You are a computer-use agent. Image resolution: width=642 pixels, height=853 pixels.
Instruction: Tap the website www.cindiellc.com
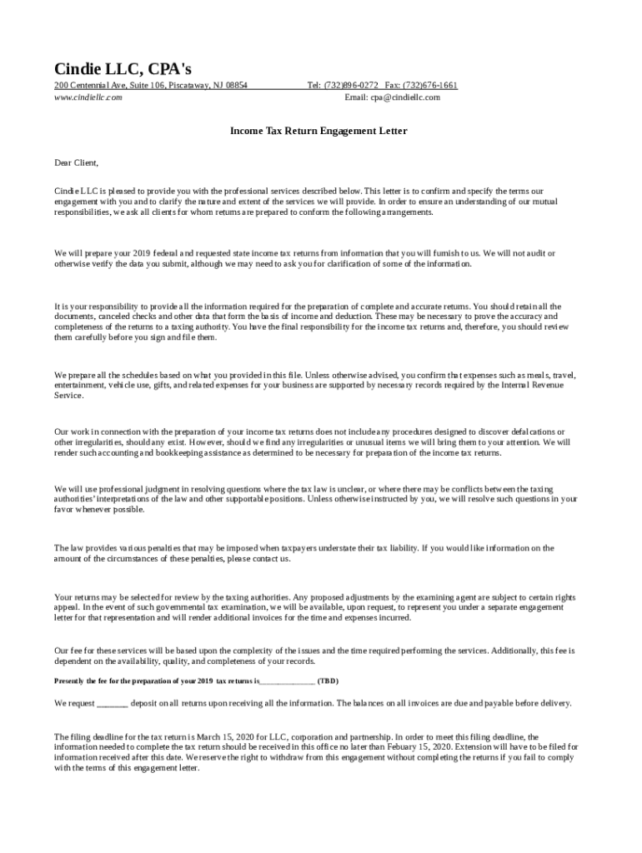coord(88,97)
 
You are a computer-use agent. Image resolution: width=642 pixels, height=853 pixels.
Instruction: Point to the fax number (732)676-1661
coord(431,86)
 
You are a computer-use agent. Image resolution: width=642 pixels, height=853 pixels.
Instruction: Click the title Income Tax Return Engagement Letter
coord(318,132)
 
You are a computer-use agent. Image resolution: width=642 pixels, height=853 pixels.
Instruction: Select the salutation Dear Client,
coord(76,162)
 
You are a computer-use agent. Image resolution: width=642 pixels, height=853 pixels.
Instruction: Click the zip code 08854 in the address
coord(236,86)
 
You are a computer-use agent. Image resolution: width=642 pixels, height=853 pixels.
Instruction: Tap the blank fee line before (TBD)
coord(287,681)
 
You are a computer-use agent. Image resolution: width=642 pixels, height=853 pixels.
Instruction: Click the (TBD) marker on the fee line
coord(328,681)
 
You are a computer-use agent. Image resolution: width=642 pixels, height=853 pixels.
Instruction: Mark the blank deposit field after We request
coord(113,703)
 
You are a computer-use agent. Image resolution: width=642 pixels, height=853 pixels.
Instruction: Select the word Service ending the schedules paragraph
coord(68,396)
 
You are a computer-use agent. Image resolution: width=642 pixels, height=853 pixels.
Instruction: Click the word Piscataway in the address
coord(188,86)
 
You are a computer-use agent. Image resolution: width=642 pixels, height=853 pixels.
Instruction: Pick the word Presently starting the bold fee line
coord(73,681)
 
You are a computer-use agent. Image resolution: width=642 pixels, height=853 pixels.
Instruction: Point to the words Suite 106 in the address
coord(146,86)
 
